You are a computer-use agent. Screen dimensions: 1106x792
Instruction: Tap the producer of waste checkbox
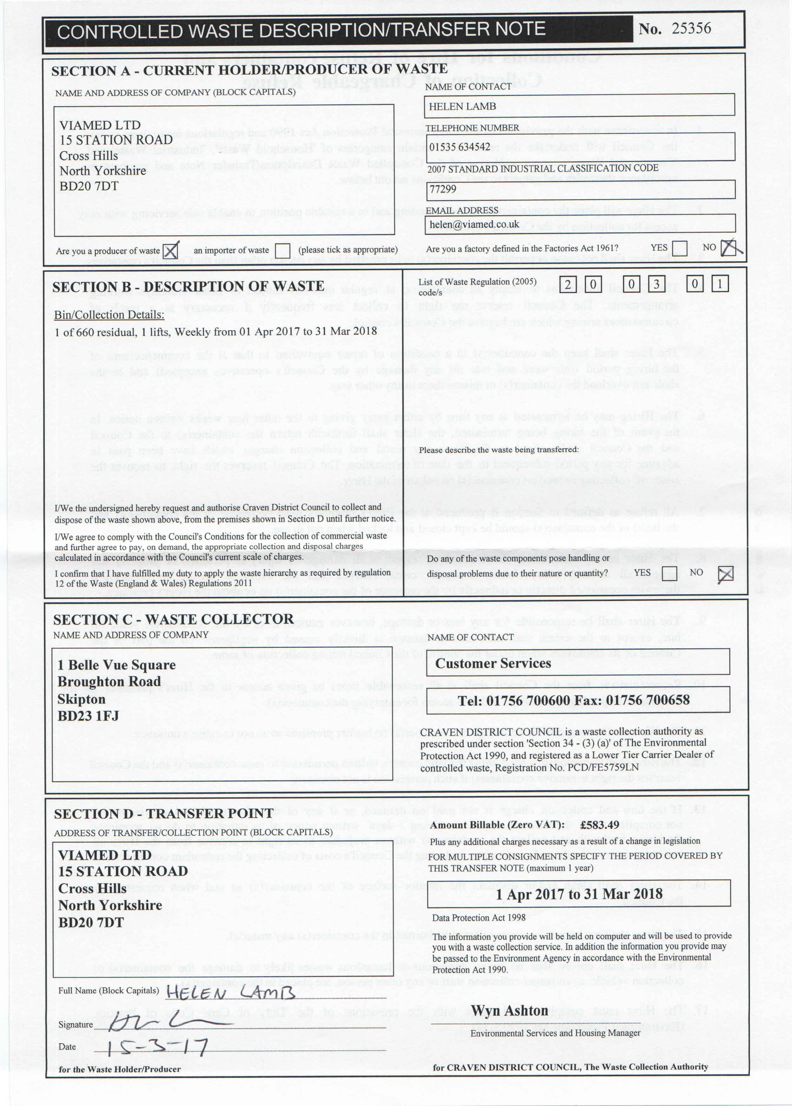[x=170, y=251]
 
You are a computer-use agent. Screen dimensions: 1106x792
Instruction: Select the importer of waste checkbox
[x=282, y=251]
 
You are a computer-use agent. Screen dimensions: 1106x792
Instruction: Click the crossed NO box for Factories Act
[x=729, y=248]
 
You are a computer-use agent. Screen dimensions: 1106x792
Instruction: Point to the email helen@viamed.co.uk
[x=474, y=224]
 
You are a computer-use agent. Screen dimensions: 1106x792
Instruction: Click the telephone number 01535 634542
[x=459, y=147]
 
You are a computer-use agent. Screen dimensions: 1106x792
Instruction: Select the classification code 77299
[x=443, y=189]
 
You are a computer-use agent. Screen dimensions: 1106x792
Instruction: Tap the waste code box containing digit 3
[x=657, y=284]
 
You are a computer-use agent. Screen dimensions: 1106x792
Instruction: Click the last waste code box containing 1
[x=720, y=284]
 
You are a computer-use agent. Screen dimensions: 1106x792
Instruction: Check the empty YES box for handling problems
[x=670, y=572]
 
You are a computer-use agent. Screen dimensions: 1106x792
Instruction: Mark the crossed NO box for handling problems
[x=725, y=574]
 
